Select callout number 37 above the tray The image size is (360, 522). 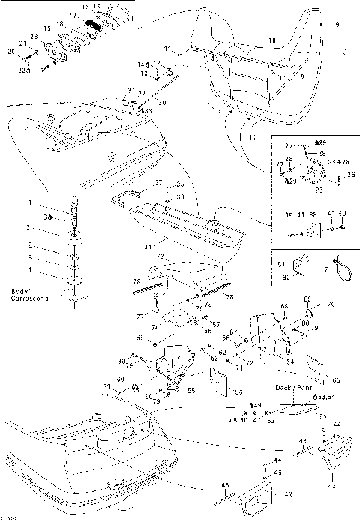click(x=158, y=183)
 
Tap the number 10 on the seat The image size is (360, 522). click(x=272, y=40)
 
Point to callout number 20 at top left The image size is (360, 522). click(x=10, y=52)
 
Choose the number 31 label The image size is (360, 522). click(x=131, y=90)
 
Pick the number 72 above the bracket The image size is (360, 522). click(x=159, y=256)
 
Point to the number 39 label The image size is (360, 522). click(x=288, y=214)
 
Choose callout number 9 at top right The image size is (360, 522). click(x=337, y=25)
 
